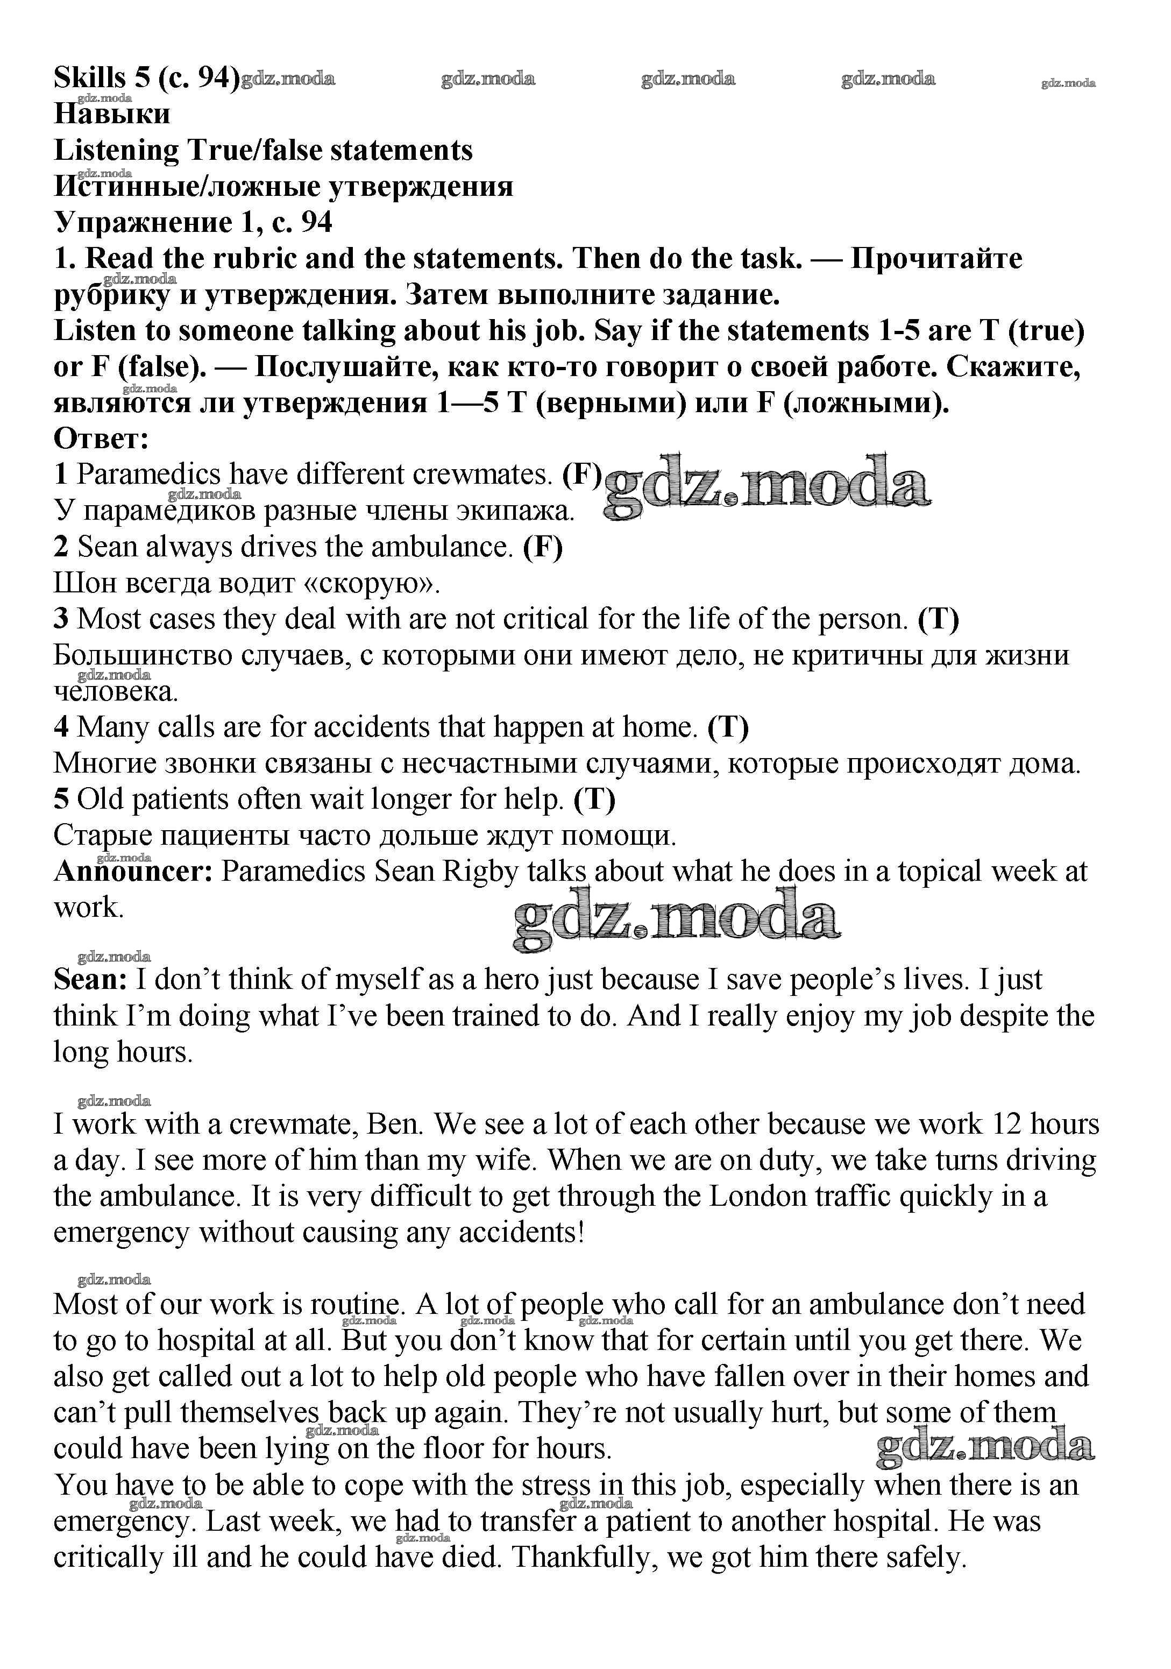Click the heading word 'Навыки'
[112, 114]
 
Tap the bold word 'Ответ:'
[101, 439]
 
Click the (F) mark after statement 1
[582, 475]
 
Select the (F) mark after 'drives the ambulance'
[543, 547]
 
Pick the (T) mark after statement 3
[939, 619]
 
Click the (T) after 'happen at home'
[728, 727]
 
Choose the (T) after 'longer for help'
[594, 799]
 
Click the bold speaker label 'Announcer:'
[133, 871]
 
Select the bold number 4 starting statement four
[62, 727]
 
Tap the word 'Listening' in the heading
[116, 151]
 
